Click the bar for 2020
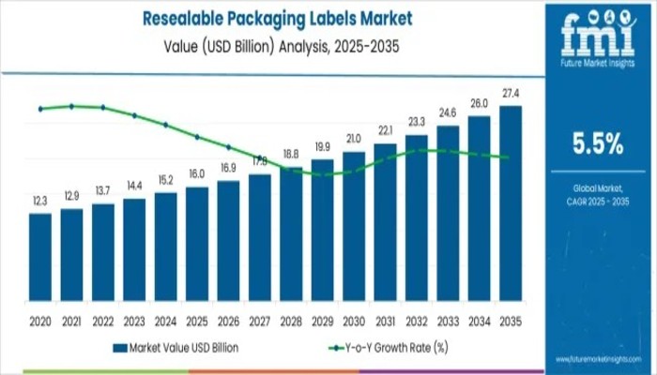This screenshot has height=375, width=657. [x=40, y=254]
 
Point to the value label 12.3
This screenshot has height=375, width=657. [x=40, y=202]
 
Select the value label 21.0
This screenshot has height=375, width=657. [x=354, y=139]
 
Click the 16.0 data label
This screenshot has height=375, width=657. [x=197, y=174]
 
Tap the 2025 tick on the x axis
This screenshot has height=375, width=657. [x=197, y=320]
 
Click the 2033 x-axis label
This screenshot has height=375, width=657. [x=448, y=320]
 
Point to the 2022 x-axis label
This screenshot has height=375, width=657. [x=103, y=320]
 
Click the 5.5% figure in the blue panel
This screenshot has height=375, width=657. [x=598, y=143]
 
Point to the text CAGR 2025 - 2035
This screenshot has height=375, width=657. [x=598, y=202]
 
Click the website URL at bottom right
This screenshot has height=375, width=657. [x=597, y=359]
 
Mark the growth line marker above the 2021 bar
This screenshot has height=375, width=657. [x=72, y=106]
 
